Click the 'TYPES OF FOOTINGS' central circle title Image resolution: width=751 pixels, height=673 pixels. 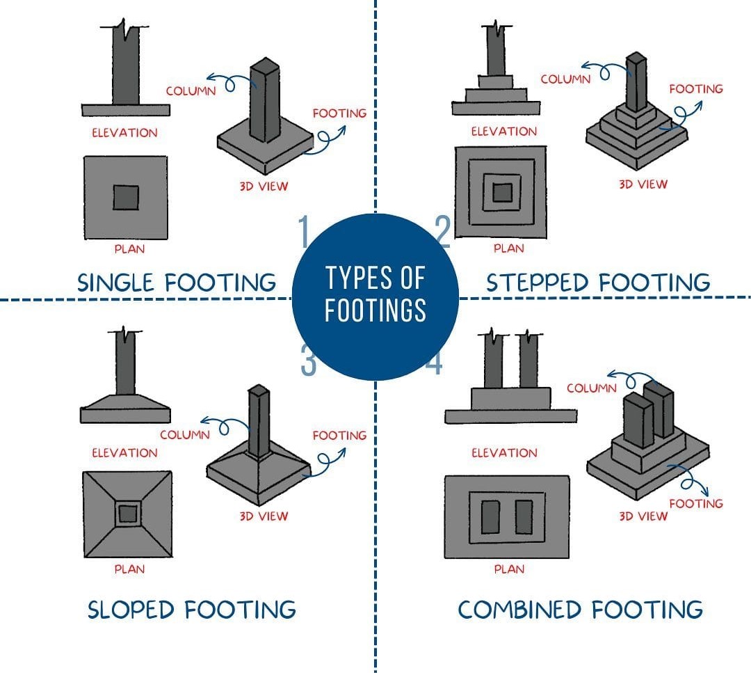(375, 294)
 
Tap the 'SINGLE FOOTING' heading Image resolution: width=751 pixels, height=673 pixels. (177, 283)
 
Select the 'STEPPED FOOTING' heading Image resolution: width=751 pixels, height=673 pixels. (598, 283)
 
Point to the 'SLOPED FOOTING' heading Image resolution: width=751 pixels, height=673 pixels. (192, 610)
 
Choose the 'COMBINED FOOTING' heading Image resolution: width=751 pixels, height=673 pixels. (581, 610)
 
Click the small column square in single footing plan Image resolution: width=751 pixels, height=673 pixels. (126, 198)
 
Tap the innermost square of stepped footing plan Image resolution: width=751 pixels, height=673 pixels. (503, 193)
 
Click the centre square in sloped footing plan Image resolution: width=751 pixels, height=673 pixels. (127, 514)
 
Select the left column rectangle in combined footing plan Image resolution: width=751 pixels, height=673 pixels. (490, 516)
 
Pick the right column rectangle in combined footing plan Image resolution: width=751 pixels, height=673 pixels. (524, 516)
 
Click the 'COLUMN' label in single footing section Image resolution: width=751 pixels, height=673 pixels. (191, 91)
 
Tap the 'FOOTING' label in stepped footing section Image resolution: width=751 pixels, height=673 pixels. (696, 88)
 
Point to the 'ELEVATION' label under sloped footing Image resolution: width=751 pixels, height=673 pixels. (124, 452)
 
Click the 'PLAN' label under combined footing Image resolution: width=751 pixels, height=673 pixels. (509, 569)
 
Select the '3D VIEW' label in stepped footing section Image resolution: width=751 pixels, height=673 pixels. (643, 184)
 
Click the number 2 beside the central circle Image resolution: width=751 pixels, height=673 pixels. (443, 231)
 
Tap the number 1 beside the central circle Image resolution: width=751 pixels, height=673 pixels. (304, 231)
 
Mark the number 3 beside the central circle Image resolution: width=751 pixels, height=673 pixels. (309, 360)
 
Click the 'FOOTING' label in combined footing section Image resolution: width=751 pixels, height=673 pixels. (696, 503)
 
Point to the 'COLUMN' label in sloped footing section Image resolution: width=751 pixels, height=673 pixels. (185, 435)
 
